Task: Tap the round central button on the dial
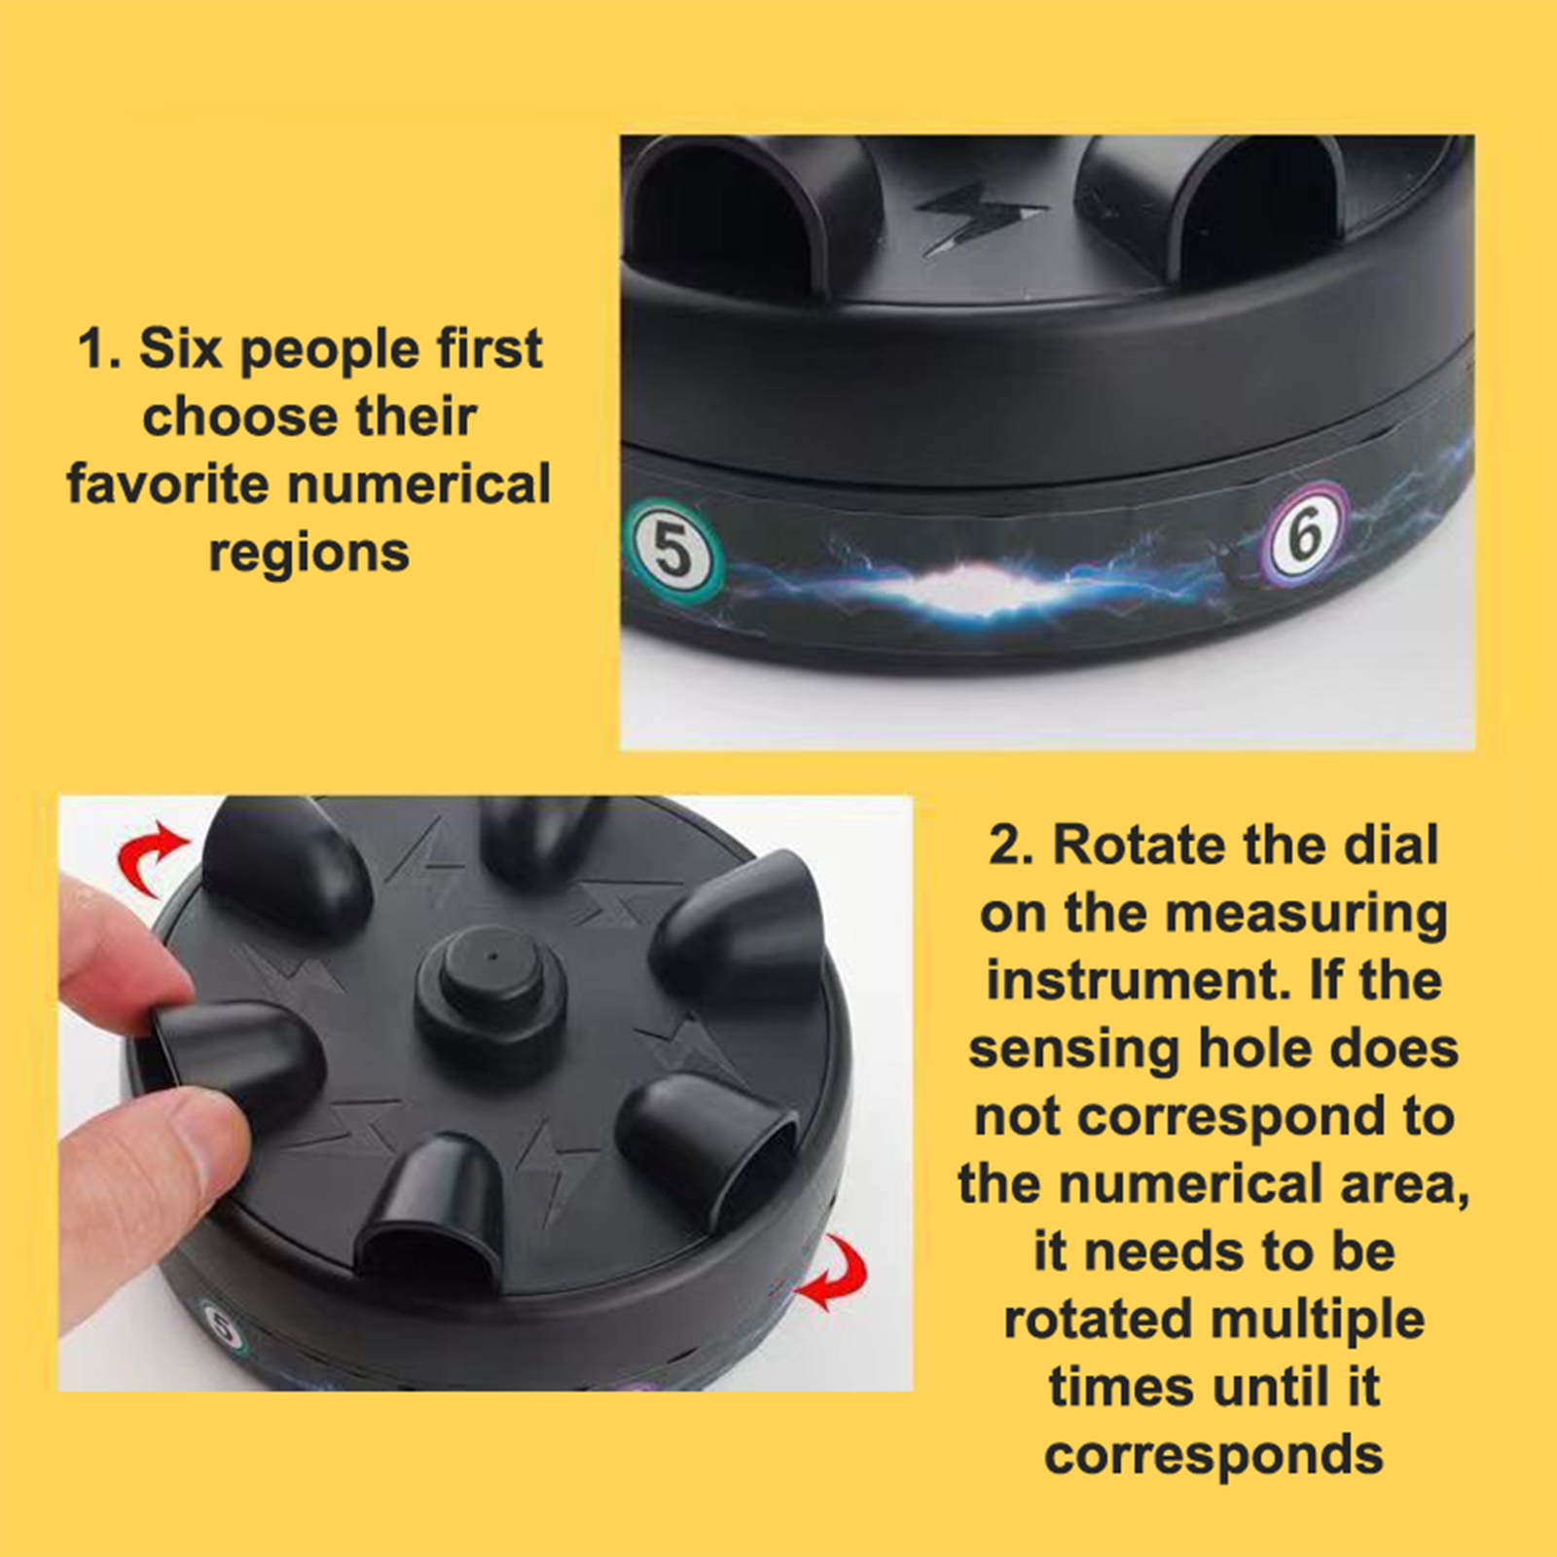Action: click(492, 981)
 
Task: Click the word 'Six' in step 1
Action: click(180, 348)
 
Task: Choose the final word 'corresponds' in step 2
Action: click(1213, 1457)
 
